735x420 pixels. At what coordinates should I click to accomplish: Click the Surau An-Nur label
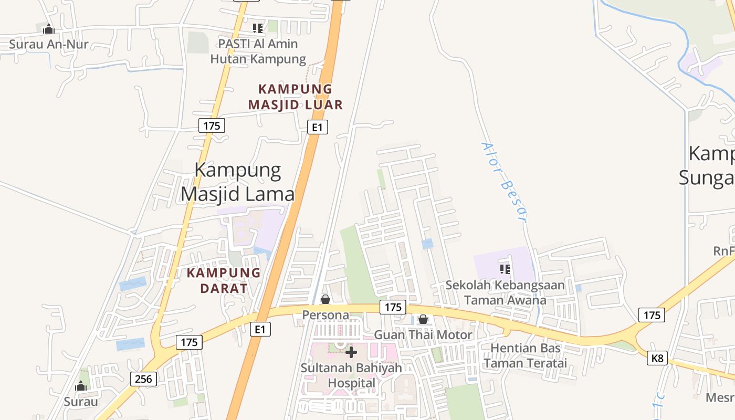click(49, 44)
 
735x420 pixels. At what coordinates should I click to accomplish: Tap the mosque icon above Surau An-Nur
click(49, 29)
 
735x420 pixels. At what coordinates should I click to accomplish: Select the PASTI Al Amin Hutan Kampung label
click(258, 51)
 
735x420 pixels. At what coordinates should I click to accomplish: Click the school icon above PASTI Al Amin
click(257, 28)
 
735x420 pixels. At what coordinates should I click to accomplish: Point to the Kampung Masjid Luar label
click(296, 97)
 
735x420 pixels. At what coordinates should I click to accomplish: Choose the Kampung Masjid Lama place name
click(238, 182)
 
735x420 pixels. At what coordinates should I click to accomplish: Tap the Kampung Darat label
click(224, 280)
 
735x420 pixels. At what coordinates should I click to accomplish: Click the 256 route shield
click(143, 379)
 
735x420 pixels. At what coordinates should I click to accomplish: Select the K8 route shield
click(657, 359)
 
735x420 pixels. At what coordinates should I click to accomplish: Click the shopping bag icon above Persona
click(325, 300)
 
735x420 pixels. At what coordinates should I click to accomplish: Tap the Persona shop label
click(325, 315)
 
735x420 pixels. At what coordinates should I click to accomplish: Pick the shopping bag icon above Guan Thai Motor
click(423, 319)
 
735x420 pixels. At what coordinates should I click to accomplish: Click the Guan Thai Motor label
click(423, 334)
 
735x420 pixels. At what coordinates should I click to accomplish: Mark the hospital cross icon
click(351, 352)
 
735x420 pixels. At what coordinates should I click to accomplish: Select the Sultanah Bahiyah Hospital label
click(351, 375)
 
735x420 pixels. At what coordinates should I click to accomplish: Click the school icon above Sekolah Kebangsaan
click(505, 270)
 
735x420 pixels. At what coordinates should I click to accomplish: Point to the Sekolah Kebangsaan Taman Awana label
click(505, 293)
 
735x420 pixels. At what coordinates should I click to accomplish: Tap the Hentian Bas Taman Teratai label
click(526, 355)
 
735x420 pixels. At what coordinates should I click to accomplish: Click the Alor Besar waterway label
click(505, 182)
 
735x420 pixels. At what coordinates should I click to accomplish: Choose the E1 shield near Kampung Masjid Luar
click(318, 127)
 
